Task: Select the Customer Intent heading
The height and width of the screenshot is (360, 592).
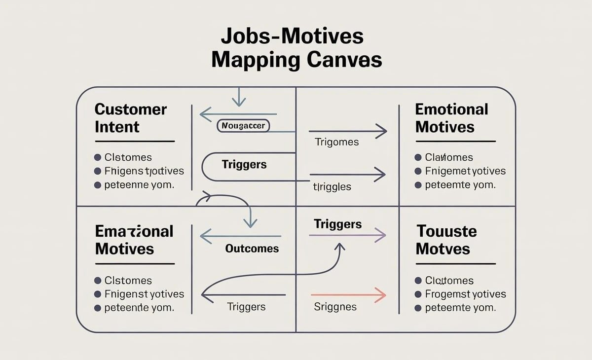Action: click(x=131, y=118)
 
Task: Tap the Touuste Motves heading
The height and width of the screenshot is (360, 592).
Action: click(x=446, y=240)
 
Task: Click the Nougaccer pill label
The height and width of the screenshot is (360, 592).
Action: click(x=243, y=126)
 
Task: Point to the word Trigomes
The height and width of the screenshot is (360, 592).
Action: click(x=336, y=142)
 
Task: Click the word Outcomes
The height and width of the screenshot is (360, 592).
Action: click(x=252, y=249)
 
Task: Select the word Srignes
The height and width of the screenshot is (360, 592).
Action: click(x=335, y=307)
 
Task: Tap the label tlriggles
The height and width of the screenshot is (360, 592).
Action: click(x=332, y=187)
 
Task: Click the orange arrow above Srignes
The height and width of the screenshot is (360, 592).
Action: click(x=347, y=295)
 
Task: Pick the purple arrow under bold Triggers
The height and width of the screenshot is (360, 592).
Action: click(x=347, y=235)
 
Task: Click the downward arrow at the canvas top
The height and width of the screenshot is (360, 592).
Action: click(x=239, y=97)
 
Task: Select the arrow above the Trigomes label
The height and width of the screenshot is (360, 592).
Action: click(x=347, y=131)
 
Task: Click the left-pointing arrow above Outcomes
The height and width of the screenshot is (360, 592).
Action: click(x=241, y=236)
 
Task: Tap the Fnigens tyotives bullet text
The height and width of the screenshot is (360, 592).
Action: click(x=144, y=171)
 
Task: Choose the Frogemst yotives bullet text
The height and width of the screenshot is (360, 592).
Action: click(x=465, y=294)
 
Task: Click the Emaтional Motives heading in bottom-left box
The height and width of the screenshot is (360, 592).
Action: click(x=134, y=240)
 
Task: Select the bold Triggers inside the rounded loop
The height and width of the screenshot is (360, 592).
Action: click(x=244, y=165)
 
